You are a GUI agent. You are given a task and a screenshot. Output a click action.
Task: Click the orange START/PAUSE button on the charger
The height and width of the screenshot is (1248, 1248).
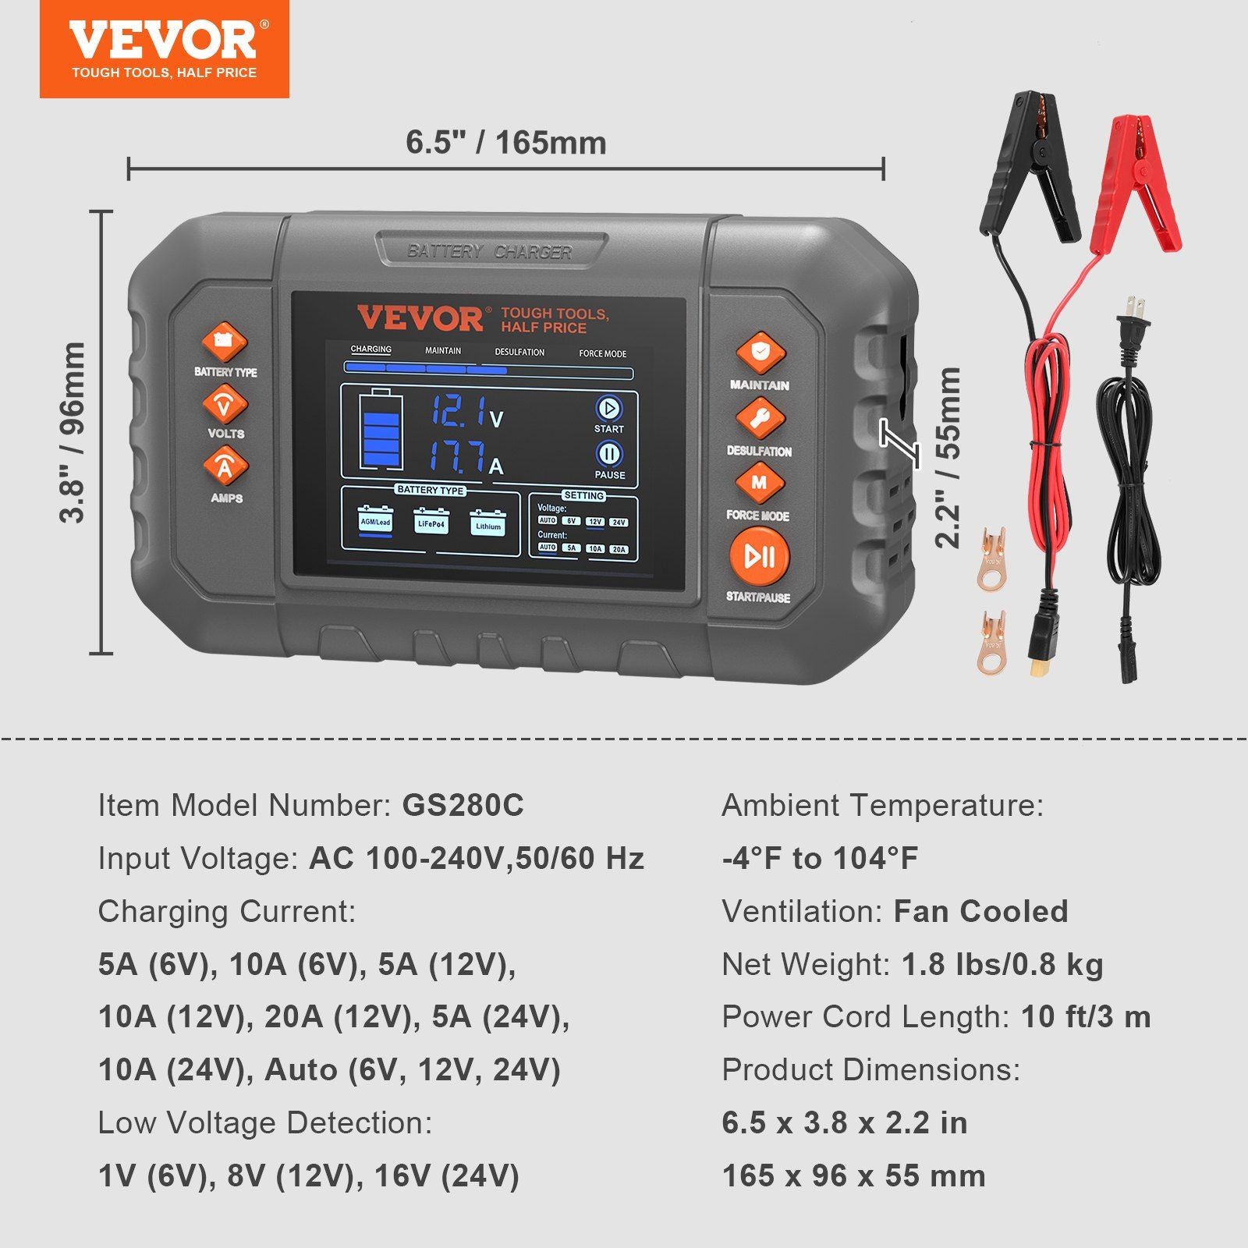[x=759, y=556]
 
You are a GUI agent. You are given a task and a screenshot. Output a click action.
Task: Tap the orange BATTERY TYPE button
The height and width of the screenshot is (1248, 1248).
[x=225, y=342]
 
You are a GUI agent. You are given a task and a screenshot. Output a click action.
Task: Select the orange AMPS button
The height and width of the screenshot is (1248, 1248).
[x=225, y=466]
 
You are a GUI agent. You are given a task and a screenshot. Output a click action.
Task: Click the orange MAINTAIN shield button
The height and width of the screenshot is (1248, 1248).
[x=760, y=353]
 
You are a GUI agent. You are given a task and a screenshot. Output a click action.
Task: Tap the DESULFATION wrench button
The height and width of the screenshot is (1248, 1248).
[x=760, y=419]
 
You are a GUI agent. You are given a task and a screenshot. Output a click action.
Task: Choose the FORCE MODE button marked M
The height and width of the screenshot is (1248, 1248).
[x=759, y=483]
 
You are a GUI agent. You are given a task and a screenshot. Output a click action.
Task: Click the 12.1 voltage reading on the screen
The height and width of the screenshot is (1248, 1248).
[x=460, y=411]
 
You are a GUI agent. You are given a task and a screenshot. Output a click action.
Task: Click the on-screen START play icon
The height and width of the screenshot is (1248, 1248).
[x=608, y=408]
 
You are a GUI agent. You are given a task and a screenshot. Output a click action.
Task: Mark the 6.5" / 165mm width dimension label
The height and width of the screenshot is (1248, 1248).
[x=505, y=143]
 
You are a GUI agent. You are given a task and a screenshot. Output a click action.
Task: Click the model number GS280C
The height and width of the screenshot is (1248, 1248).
[x=463, y=805]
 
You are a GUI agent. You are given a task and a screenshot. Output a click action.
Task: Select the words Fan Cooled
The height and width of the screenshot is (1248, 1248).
[x=980, y=911]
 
